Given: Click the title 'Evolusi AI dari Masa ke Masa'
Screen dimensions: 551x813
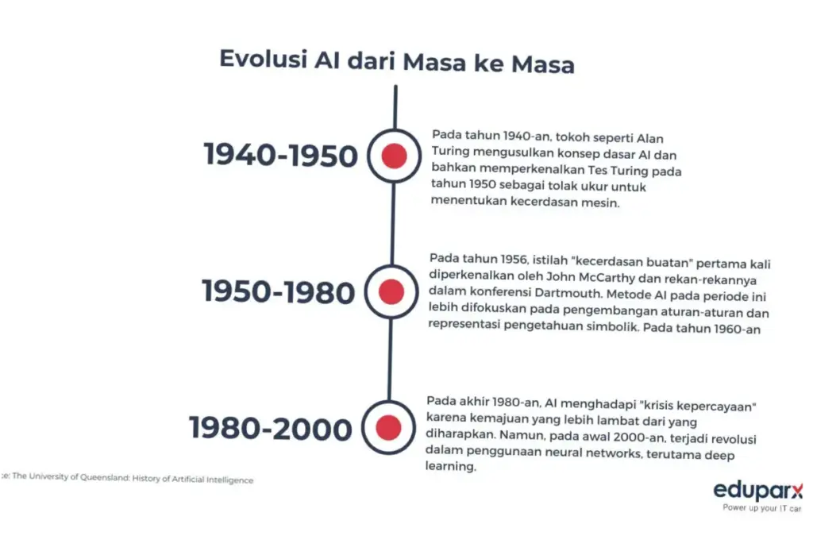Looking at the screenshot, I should [x=396, y=62].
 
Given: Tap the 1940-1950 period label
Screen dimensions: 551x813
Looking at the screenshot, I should [x=281, y=155].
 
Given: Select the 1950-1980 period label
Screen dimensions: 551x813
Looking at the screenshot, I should [x=278, y=291].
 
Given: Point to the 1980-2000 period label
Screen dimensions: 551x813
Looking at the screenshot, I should [x=270, y=429].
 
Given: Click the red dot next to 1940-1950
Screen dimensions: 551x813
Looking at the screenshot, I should [x=394, y=156].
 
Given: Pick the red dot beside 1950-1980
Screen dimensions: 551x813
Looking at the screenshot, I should [x=391, y=292].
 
